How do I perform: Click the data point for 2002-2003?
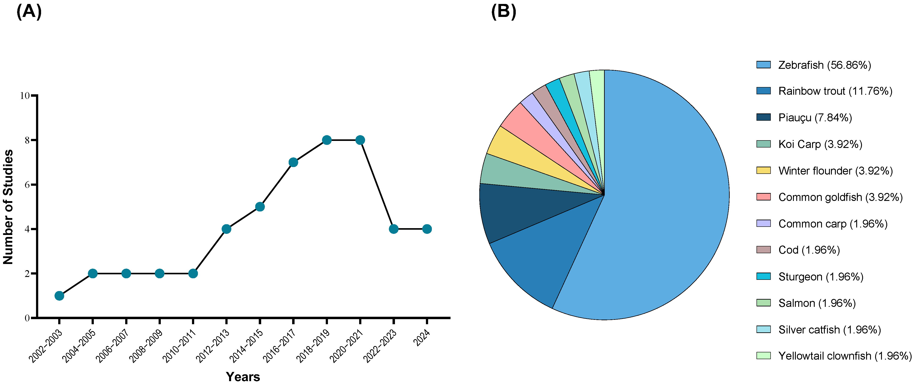59,296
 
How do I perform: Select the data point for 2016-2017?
293,162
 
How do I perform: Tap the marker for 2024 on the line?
427,229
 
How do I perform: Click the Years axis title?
243,376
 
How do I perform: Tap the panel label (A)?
29,11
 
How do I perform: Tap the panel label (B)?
503,11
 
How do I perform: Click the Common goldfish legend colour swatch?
763,197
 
